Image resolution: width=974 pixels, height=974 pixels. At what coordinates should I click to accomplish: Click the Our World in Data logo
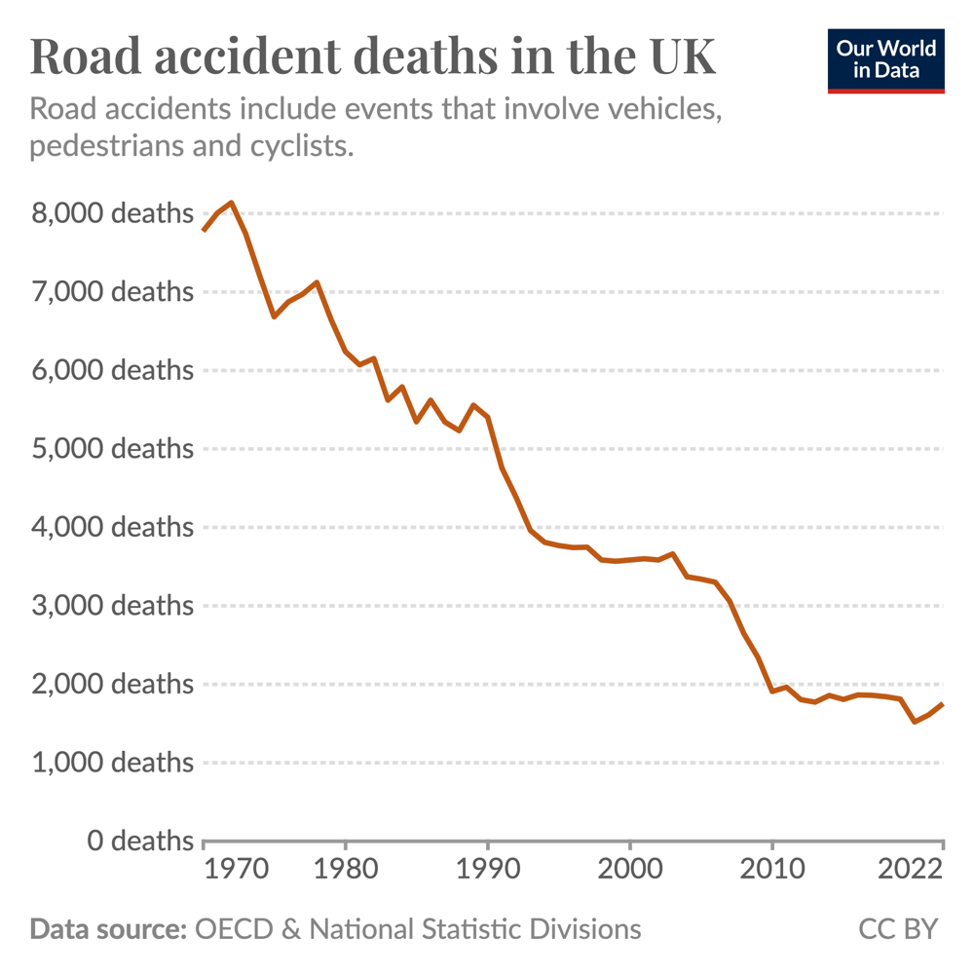click(885, 61)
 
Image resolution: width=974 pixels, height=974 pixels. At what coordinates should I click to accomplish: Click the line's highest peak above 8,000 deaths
click(231, 203)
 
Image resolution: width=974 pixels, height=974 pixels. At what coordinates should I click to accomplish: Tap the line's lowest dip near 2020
click(915, 722)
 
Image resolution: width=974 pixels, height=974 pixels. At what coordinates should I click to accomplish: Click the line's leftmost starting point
click(203, 230)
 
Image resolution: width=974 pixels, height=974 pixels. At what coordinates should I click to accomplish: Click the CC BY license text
click(897, 928)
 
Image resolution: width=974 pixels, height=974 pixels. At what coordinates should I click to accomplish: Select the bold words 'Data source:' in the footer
click(108, 928)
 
